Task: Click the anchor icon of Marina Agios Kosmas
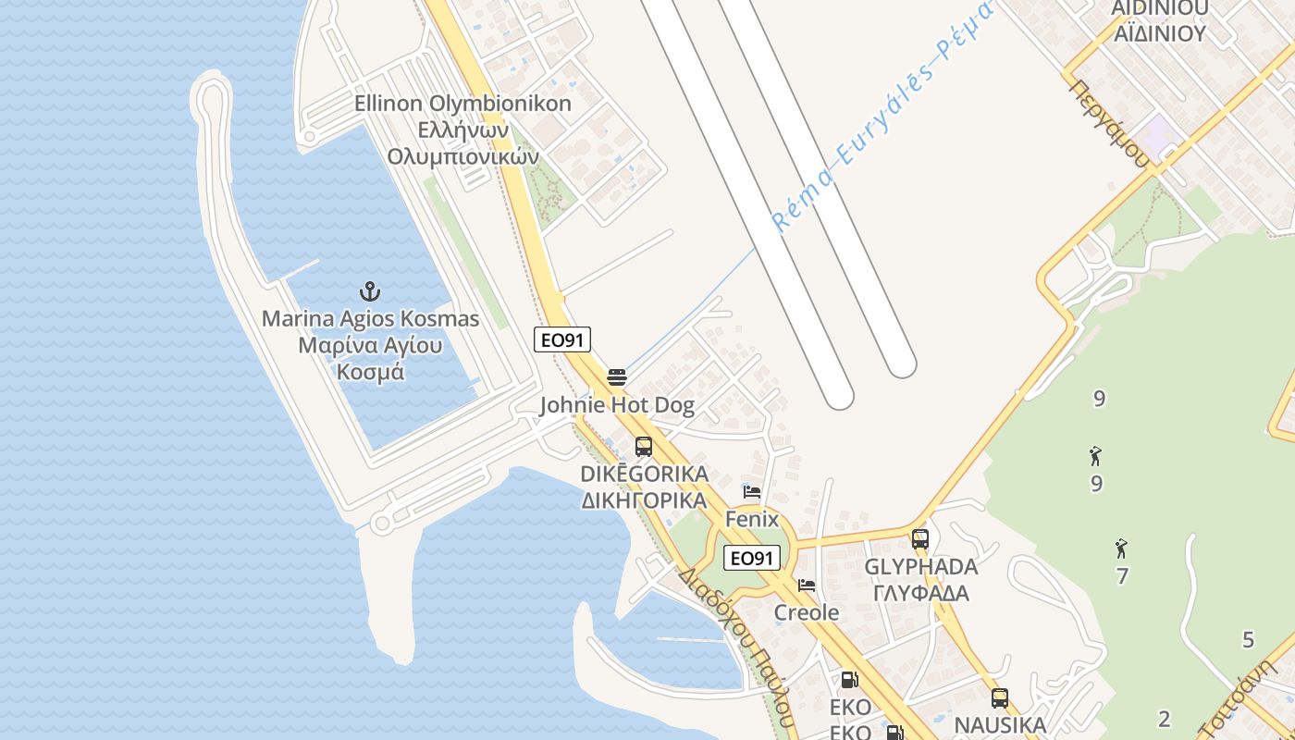tap(370, 291)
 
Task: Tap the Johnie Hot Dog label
tap(617, 405)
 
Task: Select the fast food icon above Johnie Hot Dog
tap(617, 377)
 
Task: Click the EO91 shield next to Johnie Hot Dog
tap(562, 340)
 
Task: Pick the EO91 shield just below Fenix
tap(751, 558)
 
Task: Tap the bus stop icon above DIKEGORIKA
tap(644, 447)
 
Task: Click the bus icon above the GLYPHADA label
tap(919, 538)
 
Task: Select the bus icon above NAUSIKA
tap(999, 698)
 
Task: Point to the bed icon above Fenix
tap(752, 492)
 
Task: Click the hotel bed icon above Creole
tap(807, 586)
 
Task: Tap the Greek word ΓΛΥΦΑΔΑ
tap(920, 593)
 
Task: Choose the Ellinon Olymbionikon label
tap(462, 104)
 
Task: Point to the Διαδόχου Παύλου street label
tap(735, 647)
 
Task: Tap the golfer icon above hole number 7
tap(1121, 549)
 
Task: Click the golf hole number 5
tap(1248, 639)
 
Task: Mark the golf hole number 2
tap(1165, 719)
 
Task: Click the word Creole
tap(807, 612)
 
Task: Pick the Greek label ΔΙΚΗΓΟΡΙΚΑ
tap(644, 500)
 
